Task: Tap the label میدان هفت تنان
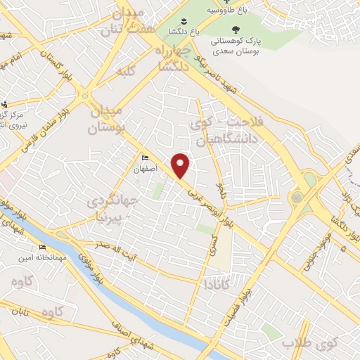click(127, 22)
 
